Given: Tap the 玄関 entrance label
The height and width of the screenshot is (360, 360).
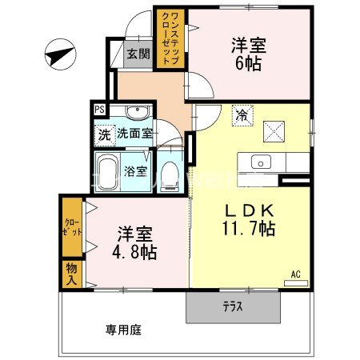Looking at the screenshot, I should [138, 54].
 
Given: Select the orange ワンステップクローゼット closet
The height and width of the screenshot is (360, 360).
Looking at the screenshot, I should [171, 38].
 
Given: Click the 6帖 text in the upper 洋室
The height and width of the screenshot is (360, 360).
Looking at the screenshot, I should [248, 65].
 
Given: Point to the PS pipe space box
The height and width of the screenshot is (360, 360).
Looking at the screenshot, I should [100, 110].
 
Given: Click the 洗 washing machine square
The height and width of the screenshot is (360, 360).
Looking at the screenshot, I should [104, 134].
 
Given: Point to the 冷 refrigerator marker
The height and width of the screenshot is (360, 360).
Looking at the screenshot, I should [240, 114].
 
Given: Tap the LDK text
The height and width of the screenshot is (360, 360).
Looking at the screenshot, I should [249, 210].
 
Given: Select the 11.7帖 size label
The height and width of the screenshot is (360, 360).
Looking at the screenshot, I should [249, 230].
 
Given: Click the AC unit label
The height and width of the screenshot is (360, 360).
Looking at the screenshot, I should [295, 274].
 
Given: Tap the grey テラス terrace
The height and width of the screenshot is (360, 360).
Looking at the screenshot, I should [233, 306].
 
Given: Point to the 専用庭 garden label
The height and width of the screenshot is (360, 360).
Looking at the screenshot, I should [120, 328].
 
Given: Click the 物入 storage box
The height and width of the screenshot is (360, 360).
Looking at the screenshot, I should [70, 273].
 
